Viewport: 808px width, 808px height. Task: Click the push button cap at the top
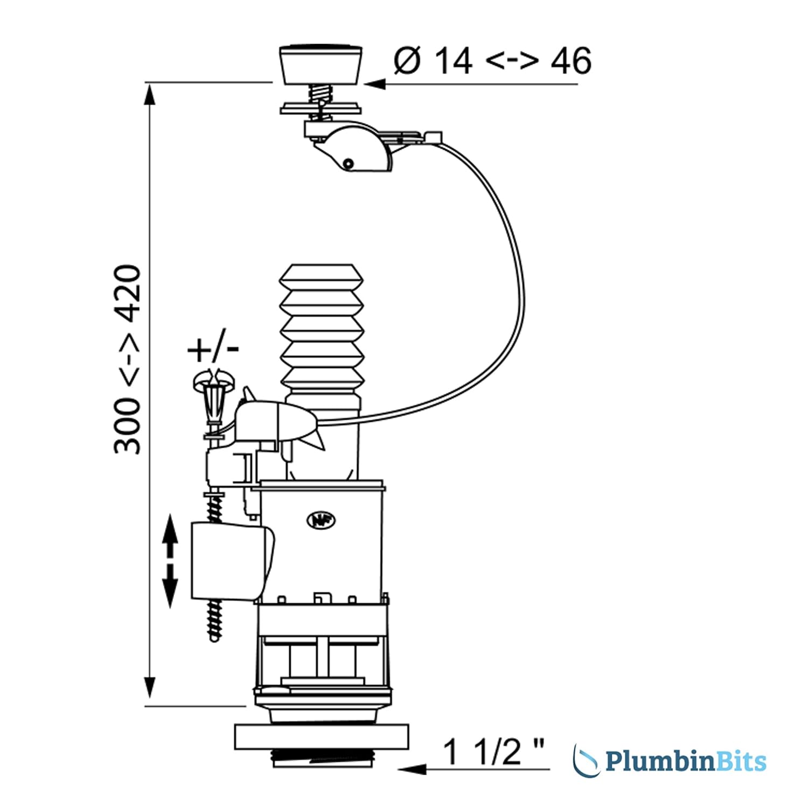(x=321, y=65)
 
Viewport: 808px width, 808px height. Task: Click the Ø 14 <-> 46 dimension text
(x=493, y=60)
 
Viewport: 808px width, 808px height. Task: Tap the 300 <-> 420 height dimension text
(x=128, y=359)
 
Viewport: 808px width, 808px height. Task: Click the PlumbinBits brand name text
(x=686, y=761)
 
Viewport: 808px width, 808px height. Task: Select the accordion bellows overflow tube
(x=322, y=329)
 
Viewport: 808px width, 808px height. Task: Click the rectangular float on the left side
(x=232, y=560)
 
